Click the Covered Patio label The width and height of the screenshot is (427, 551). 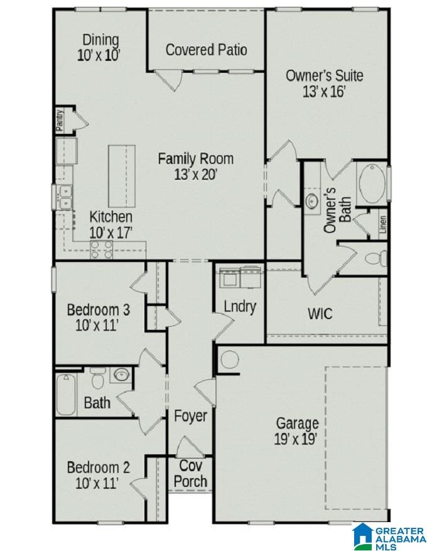click(x=206, y=50)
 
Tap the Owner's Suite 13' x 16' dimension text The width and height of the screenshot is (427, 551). click(x=324, y=91)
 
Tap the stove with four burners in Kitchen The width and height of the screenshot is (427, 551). click(x=102, y=249)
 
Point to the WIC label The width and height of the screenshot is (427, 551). click(x=320, y=313)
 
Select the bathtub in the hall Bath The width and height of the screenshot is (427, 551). click(x=66, y=394)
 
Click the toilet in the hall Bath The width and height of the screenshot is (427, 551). click(x=97, y=379)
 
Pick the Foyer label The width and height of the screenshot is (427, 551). click(x=190, y=416)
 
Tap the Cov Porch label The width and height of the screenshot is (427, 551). click(x=190, y=474)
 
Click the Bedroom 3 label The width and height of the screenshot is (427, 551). click(x=98, y=309)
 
